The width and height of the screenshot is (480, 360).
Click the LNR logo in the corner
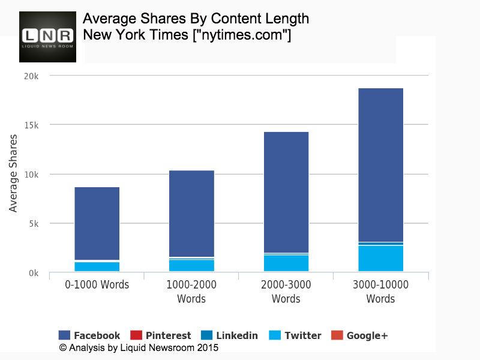tap(47, 37)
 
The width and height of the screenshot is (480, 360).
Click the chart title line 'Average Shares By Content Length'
tap(196, 19)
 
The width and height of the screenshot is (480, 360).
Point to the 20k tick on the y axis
tap(31, 76)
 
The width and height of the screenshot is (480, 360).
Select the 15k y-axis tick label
tap(31, 125)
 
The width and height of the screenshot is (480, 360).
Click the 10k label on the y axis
tap(31, 175)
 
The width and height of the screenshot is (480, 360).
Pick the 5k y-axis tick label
tap(32, 224)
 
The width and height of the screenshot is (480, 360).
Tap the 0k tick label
tap(32, 273)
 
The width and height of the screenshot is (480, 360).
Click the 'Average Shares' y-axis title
tap(13, 173)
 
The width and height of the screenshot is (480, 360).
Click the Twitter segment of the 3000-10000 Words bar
tap(380, 259)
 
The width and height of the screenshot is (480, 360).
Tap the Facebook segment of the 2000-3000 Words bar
tap(286, 192)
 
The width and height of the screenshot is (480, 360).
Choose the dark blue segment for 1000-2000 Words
tap(191, 213)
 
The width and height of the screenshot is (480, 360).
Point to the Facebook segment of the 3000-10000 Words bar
tap(380, 165)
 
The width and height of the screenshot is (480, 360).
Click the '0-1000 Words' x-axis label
tap(97, 284)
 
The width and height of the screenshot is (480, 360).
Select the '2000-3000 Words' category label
tap(286, 291)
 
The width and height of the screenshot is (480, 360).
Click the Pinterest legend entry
tap(161, 335)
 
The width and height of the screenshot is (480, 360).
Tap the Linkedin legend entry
tap(230, 335)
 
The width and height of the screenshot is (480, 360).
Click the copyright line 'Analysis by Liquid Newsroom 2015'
tap(139, 347)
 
